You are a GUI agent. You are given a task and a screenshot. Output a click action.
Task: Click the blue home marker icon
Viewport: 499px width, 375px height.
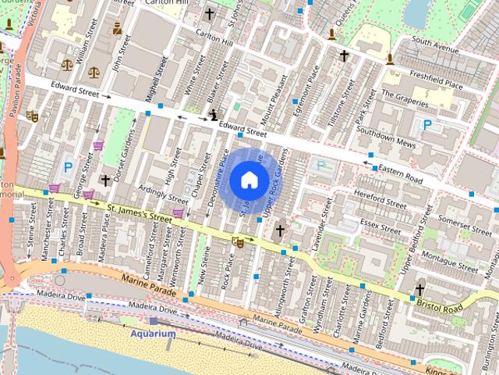pyautogui.click(x=249, y=180)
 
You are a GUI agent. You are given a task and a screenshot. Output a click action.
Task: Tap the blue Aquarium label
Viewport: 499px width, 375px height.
pyautogui.click(x=153, y=334)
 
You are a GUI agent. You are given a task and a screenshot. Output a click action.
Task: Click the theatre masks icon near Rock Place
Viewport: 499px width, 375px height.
pyautogui.click(x=239, y=243)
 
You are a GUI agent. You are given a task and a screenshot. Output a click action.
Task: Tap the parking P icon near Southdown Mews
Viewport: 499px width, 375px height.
pyautogui.click(x=427, y=123)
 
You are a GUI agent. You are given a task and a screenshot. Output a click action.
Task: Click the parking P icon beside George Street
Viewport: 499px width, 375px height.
pyautogui.click(x=69, y=166)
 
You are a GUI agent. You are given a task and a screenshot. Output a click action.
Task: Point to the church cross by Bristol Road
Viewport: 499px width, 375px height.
pyautogui.click(x=419, y=288)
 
